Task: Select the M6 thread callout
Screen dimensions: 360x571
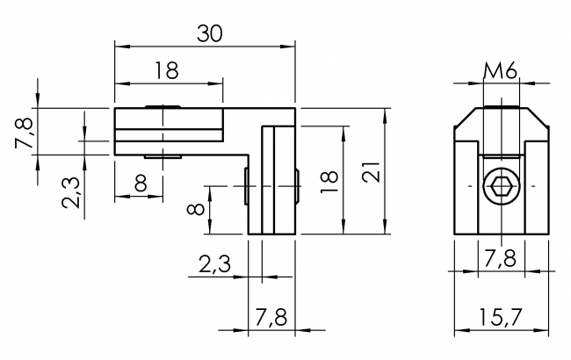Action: point(500,71)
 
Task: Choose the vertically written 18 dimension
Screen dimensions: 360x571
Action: point(329,179)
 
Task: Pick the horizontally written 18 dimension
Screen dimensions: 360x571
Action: point(167,71)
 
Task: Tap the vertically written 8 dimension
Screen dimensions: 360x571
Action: point(197,210)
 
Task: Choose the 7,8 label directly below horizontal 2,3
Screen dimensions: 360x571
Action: point(271,316)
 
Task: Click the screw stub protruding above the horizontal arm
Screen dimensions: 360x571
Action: point(164,106)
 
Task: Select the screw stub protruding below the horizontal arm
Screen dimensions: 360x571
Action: point(164,156)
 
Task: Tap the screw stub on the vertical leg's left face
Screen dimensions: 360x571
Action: point(245,187)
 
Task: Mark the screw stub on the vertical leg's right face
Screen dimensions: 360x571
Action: point(299,187)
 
